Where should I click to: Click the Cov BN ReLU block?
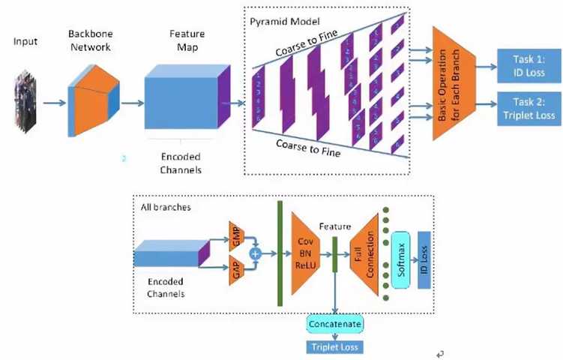305,253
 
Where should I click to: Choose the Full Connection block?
367,252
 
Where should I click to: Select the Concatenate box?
334,324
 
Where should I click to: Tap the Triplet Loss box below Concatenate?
334,347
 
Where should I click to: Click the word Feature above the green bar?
334,224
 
